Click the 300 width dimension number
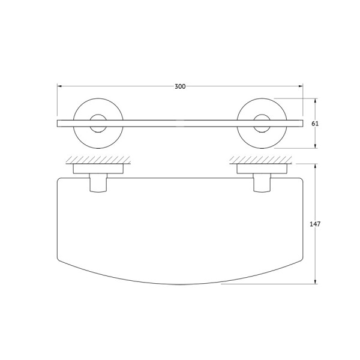point(180,86)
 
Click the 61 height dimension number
point(316,123)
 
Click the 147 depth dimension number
point(316,224)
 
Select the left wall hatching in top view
point(98,160)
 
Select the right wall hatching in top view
point(262,160)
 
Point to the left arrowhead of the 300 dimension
point(60,86)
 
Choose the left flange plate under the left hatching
point(98,169)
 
